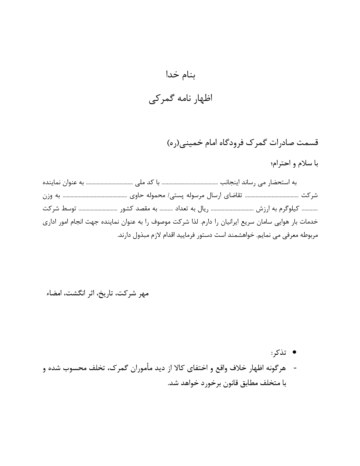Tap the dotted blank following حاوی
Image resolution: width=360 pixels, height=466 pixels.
tap(94, 196)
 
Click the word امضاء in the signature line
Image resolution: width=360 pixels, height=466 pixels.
tap(52, 294)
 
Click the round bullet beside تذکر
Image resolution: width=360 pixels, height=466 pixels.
tap(294, 352)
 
